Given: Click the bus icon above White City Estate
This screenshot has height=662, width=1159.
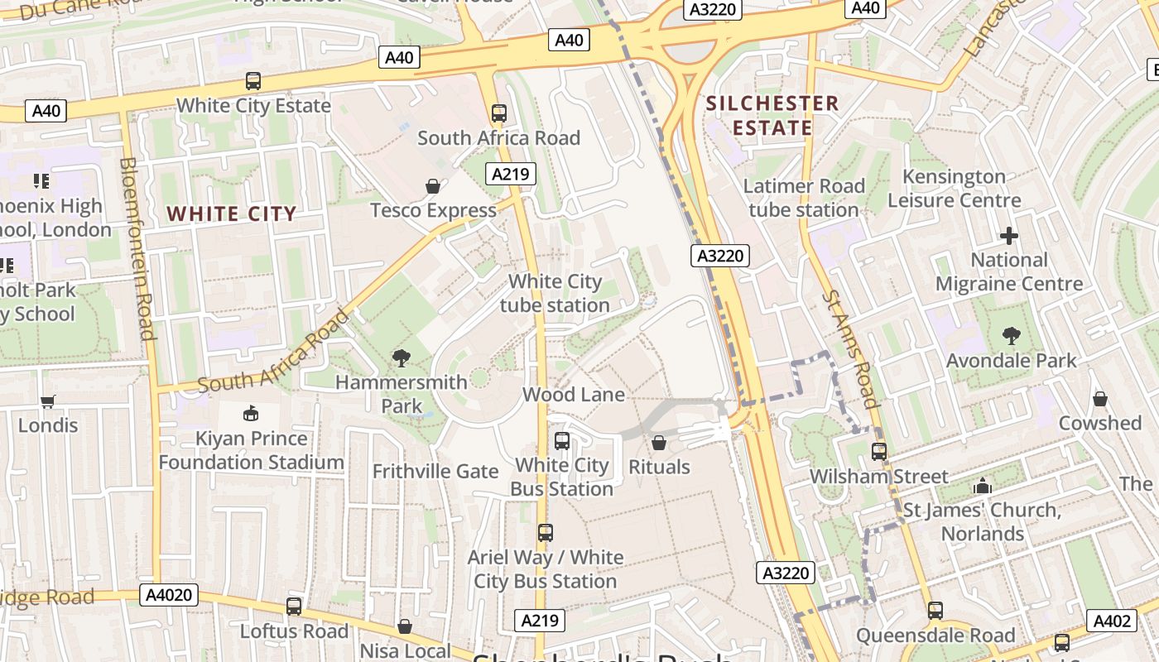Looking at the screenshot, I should [253, 81].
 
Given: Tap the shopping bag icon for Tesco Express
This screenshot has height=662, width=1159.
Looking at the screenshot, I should [432, 186].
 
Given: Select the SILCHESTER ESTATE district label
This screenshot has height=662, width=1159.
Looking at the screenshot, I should [772, 116].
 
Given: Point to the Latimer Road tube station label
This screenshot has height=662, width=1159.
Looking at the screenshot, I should [804, 198].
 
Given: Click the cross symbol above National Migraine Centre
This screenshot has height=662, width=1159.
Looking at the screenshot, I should [1008, 236].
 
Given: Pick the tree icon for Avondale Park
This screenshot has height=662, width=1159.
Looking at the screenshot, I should [1011, 336].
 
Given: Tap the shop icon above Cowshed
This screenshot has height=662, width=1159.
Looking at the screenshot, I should [1099, 400].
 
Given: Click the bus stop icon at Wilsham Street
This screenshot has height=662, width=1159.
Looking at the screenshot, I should [879, 452].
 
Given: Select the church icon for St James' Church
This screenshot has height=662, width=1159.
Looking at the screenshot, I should [983, 486].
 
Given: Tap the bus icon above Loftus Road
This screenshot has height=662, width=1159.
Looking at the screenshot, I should [294, 607].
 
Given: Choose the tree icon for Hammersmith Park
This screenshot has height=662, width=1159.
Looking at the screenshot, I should [402, 358].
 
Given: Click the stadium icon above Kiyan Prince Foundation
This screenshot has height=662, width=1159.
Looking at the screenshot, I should [251, 413].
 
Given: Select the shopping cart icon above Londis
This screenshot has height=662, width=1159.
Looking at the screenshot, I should [48, 401].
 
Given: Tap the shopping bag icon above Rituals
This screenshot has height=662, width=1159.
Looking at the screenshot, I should [659, 443].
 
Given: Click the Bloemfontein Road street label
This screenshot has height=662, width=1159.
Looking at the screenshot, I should [137, 248].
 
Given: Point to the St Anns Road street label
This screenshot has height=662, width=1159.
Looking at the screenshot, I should [850, 348].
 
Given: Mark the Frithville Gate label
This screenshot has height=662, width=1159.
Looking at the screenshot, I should [435, 472].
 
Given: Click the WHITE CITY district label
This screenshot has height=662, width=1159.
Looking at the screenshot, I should [232, 214].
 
